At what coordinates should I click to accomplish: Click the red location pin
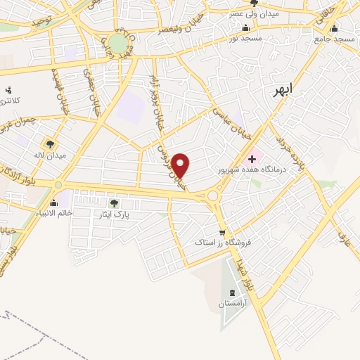click(x=181, y=165)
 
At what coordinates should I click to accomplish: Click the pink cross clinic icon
click(x=252, y=160)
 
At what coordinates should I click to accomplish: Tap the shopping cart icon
click(x=223, y=232)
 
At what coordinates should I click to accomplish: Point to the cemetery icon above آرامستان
click(x=233, y=292)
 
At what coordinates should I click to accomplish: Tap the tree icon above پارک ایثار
click(x=114, y=203)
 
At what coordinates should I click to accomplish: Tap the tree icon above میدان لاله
click(x=50, y=144)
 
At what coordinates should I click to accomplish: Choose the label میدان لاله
click(x=51, y=155)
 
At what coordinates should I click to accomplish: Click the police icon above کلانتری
click(x=8, y=91)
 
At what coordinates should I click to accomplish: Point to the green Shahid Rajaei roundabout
click(x=119, y=44)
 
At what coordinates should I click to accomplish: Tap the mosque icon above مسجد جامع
click(x=334, y=29)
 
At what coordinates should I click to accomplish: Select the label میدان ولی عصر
click(x=255, y=14)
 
